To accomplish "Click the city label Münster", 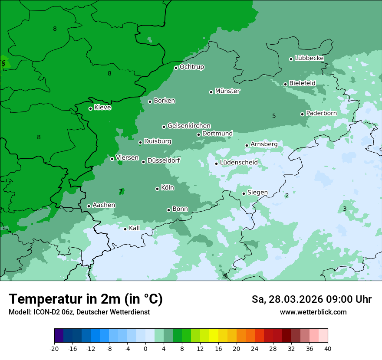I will click(x=227, y=91).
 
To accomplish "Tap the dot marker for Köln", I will click(x=157, y=189).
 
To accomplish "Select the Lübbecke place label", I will click(x=309, y=58).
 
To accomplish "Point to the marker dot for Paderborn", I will click(x=302, y=114).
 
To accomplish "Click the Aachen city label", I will click(x=104, y=205).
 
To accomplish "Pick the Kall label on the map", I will click(x=135, y=228).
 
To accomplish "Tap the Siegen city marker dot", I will click(x=244, y=193).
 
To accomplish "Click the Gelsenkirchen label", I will click(x=189, y=126).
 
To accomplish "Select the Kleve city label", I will click(x=102, y=108).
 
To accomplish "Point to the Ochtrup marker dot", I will click(x=176, y=67).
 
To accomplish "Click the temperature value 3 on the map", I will click(x=345, y=209).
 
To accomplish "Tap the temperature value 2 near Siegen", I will click(x=287, y=195).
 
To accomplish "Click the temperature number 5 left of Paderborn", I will click(x=274, y=116).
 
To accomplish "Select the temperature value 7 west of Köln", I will click(x=121, y=191).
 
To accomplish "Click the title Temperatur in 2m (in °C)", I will click(x=86, y=299).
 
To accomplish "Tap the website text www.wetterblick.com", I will click(x=313, y=312).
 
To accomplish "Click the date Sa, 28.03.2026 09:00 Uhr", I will click(x=311, y=299).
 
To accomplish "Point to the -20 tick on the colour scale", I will click(x=54, y=349).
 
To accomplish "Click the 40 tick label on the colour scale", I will click(x=328, y=349).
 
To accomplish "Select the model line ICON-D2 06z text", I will click(x=79, y=312).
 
